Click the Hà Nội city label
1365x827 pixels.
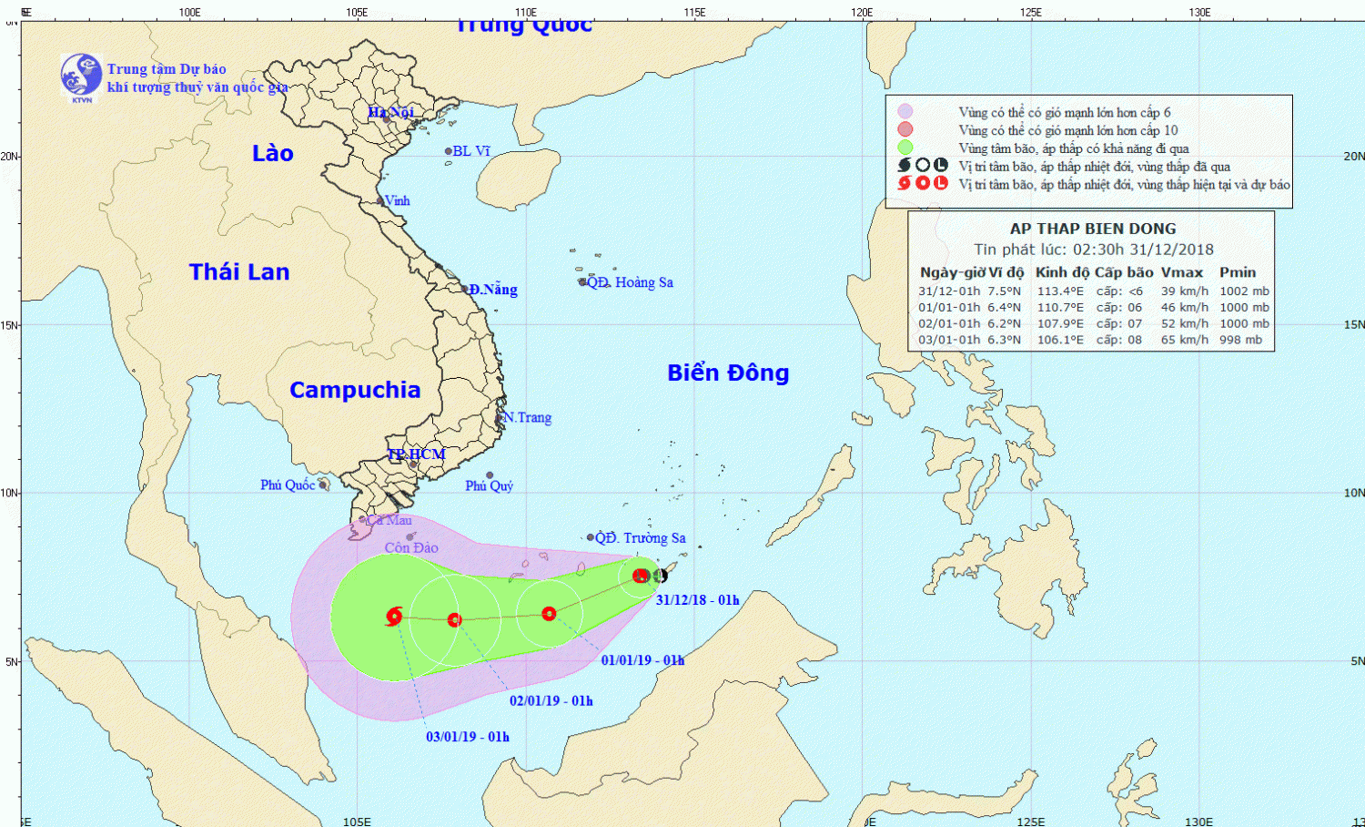[390, 113]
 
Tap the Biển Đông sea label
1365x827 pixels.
[728, 373]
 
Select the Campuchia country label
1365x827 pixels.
[355, 390]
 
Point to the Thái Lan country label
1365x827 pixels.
[239, 271]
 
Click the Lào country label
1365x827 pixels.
[273, 153]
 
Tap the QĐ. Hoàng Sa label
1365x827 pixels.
[630, 282]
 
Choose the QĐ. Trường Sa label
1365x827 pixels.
[640, 538]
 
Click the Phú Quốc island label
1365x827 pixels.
[288, 485]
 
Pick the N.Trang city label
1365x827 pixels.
[528, 417]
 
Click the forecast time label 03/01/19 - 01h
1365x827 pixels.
[468, 737]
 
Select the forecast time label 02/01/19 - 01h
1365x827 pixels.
[551, 700]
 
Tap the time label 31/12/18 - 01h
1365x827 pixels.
[697, 600]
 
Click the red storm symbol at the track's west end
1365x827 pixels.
[394, 617]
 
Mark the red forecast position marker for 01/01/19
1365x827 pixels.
[549, 614]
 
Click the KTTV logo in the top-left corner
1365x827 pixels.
[81, 77]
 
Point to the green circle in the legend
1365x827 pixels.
[905, 148]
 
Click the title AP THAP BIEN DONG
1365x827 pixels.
[1093, 229]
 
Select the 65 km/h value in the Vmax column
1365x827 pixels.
[1184, 340]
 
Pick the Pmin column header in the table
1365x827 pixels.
[1238, 272]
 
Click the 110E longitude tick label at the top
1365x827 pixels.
[525, 13]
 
